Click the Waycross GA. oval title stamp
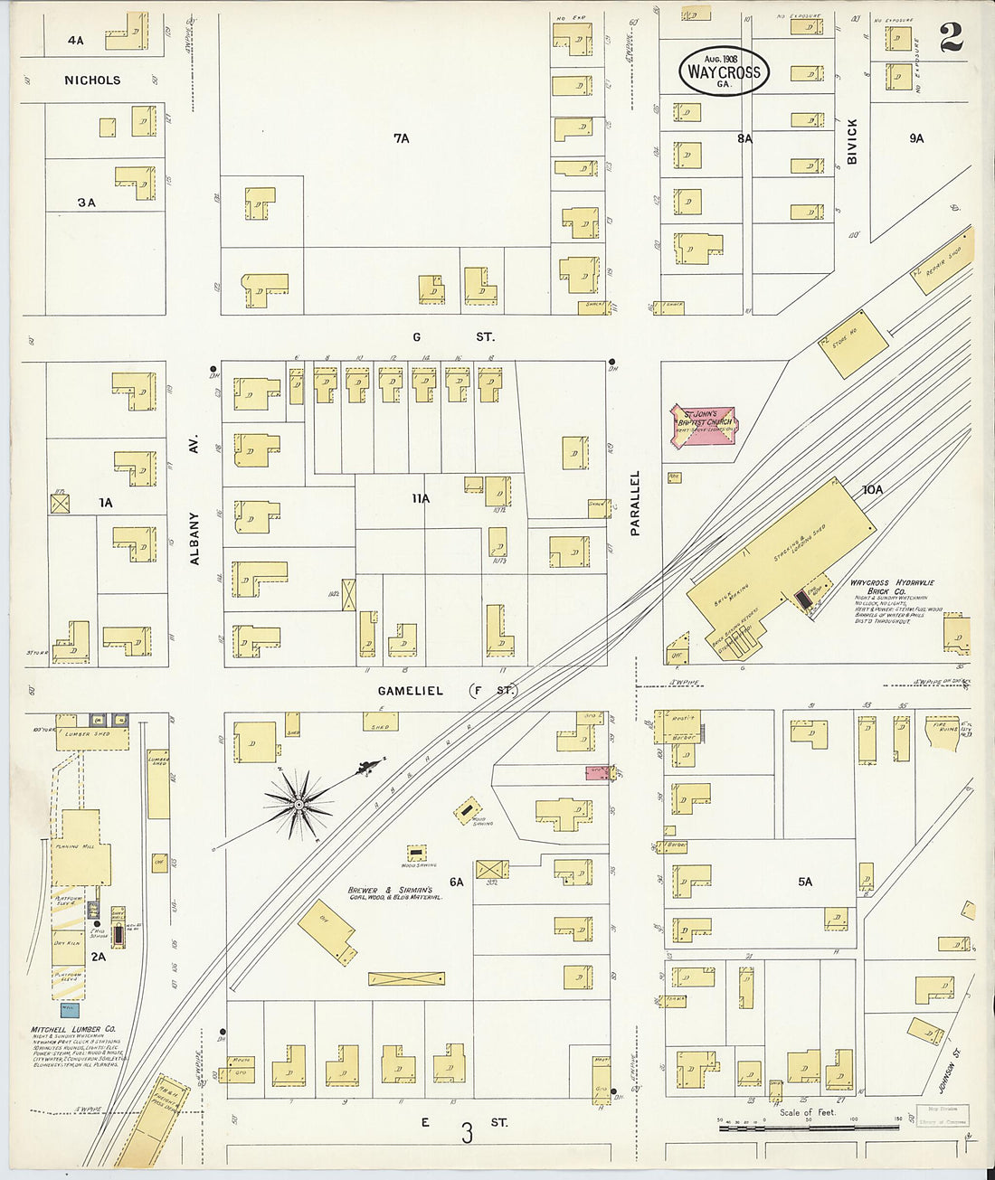point(724,71)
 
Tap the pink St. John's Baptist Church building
point(703,424)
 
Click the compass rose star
point(298,804)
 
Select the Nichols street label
point(92,80)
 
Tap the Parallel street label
point(635,503)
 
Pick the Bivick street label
point(851,141)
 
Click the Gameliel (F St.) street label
point(445,691)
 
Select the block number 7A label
point(401,138)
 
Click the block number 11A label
point(420,498)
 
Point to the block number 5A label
point(804,881)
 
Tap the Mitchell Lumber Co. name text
point(73,1029)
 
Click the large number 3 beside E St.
point(467,1133)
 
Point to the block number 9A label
point(916,138)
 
